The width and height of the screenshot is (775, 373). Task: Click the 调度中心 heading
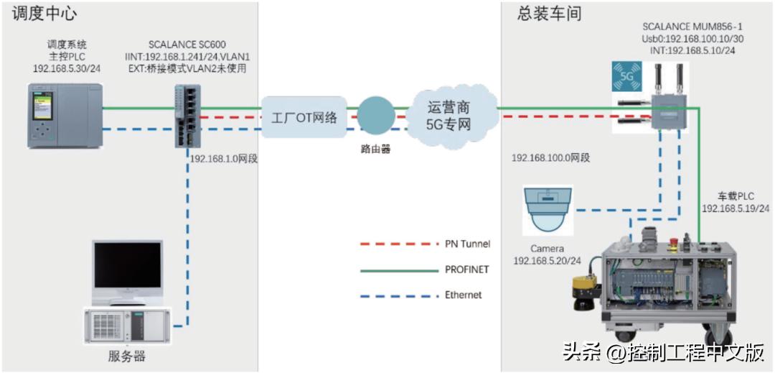tap(44, 14)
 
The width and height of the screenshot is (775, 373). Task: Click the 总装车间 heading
tap(548, 14)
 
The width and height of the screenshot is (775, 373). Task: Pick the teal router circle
tap(376, 114)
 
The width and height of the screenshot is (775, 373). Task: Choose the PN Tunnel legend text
tap(467, 244)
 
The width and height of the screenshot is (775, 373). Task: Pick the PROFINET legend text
tap(467, 270)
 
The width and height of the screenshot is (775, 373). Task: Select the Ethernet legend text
tap(463, 295)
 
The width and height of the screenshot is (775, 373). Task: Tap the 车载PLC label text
tap(736, 196)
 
